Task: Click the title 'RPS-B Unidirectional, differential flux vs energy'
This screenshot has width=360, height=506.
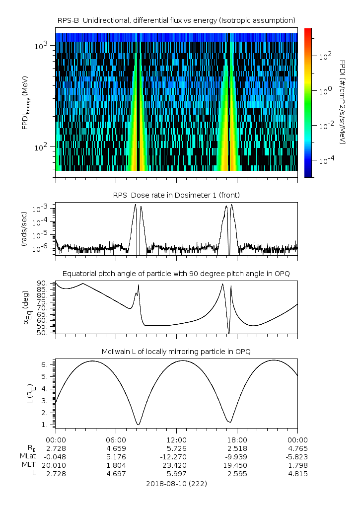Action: tap(176, 20)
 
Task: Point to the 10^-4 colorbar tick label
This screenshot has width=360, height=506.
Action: tap(325, 160)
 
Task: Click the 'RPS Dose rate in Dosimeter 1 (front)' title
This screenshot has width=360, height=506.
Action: tap(176, 194)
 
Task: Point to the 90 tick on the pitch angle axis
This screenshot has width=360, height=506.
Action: tap(43, 284)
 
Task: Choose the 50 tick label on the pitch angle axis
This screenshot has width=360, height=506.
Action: tap(43, 333)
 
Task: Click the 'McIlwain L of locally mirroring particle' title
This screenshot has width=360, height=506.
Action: tap(176, 352)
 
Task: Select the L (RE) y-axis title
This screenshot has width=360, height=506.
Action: tap(25, 390)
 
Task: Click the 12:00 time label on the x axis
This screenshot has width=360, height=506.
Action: tap(176, 440)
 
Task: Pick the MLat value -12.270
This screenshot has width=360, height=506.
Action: tap(176, 457)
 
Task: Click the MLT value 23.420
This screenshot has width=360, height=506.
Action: tap(176, 465)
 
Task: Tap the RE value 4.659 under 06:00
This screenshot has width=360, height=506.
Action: tap(116, 448)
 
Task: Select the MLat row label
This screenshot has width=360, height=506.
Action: tap(27, 457)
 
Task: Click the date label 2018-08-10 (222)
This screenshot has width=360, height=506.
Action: tap(176, 483)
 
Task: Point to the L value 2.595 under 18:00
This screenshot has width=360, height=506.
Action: tap(237, 474)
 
